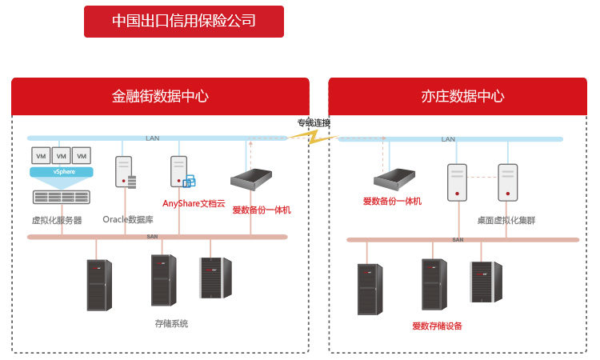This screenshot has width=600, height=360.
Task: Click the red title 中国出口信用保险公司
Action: [x=184, y=22]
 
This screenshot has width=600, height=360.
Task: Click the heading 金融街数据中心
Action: [x=160, y=96]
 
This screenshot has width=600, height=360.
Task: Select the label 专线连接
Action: [x=314, y=122]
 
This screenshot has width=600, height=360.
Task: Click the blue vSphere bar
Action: [x=62, y=172]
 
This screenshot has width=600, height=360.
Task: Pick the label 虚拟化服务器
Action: [x=56, y=220]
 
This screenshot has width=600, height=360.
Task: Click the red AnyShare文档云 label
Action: [x=194, y=204]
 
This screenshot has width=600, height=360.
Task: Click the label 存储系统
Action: [x=170, y=324]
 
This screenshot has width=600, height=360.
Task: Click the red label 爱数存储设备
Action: [x=437, y=326]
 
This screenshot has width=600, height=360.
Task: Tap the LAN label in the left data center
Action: [x=152, y=138]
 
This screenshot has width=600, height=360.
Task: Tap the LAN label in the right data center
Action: [x=448, y=139]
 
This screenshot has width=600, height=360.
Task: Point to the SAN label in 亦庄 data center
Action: [x=458, y=239]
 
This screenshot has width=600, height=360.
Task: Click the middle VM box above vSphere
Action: [x=61, y=155]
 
